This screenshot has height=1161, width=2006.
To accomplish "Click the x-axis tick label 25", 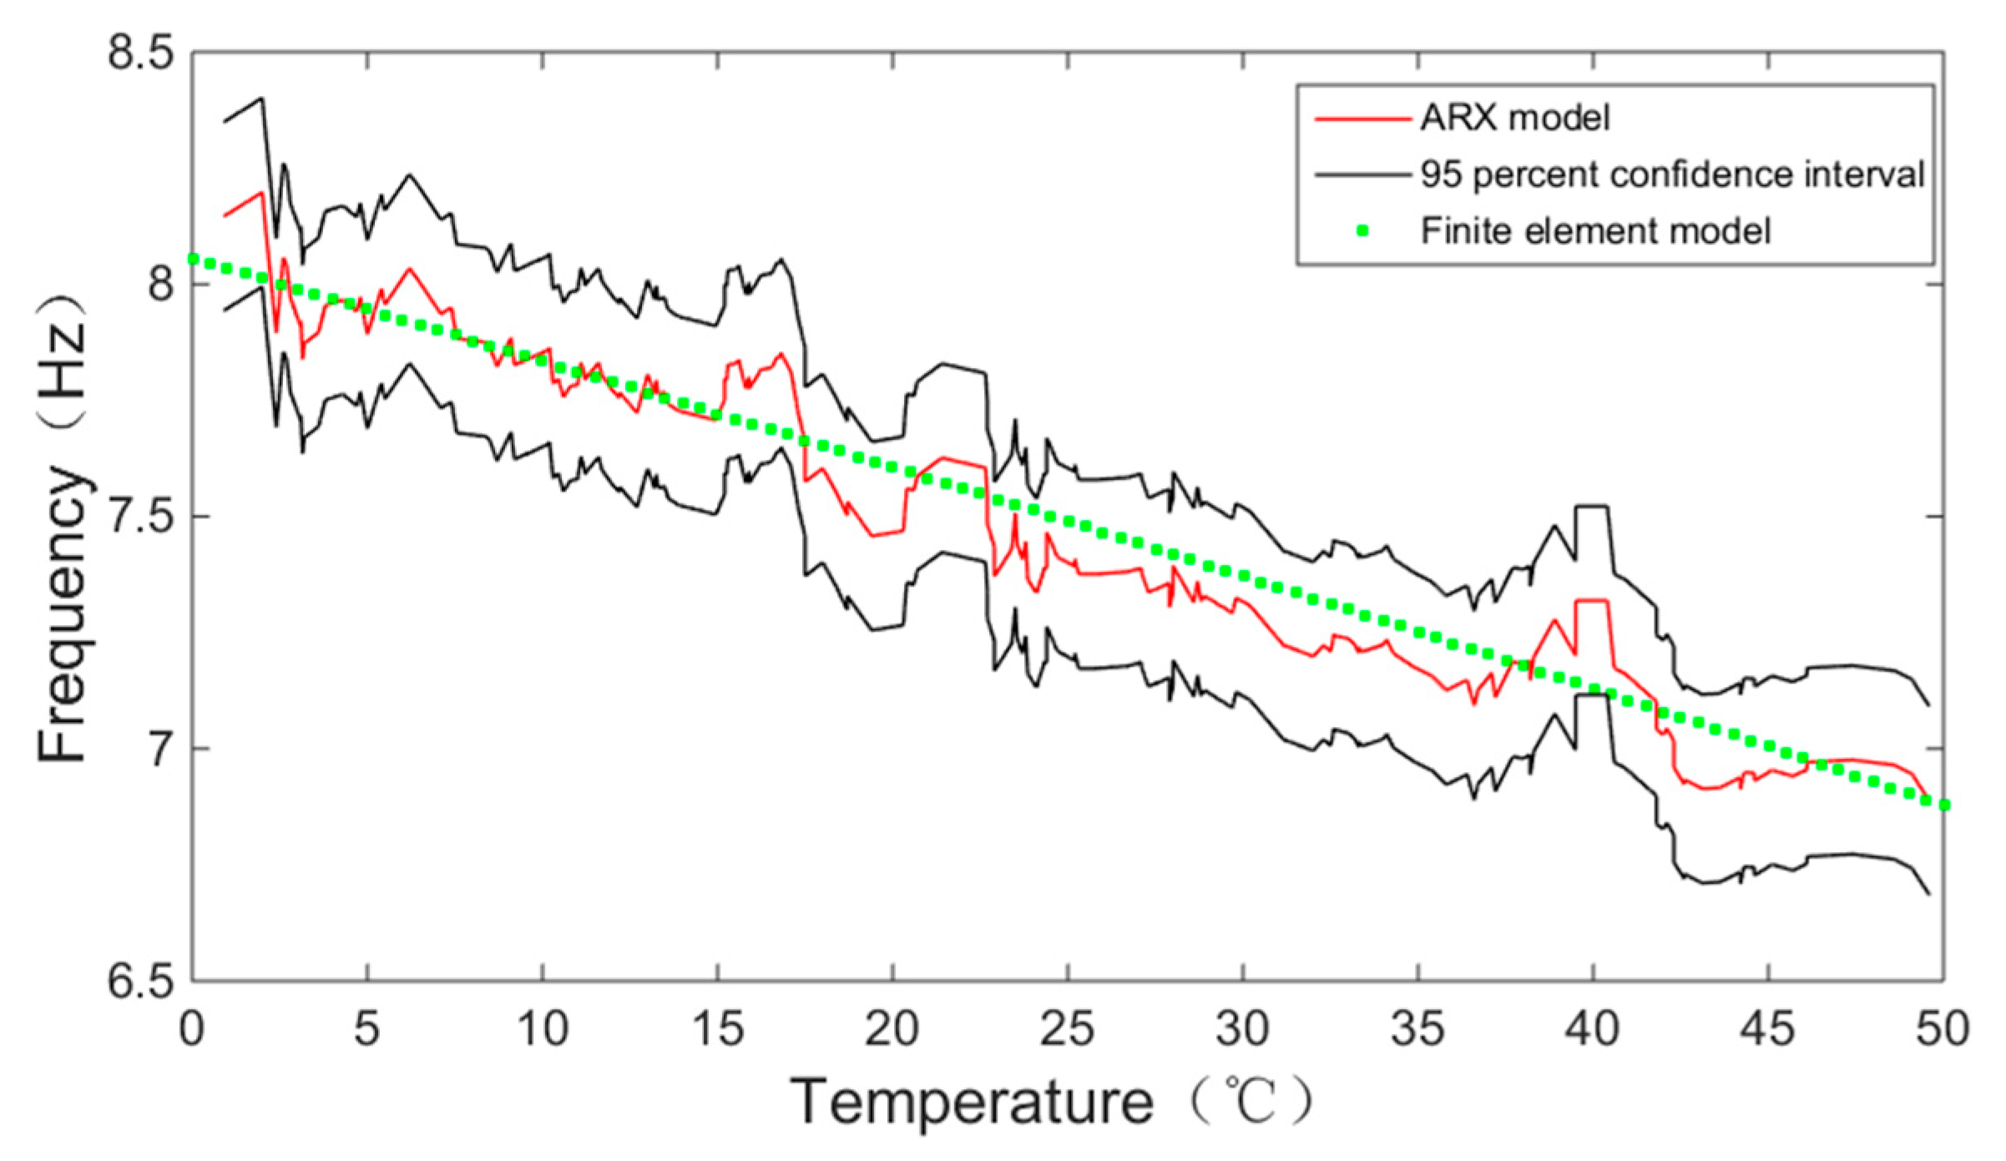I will (1067, 1029).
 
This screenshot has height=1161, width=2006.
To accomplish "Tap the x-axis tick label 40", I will (1592, 1029).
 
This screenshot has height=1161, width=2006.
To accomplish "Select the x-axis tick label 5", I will (366, 1029).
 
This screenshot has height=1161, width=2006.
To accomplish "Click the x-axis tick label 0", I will (192, 1029).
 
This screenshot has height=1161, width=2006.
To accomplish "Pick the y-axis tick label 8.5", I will (140, 53).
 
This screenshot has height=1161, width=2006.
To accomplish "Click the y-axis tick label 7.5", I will (140, 517).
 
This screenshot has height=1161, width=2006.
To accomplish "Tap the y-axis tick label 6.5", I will (140, 981).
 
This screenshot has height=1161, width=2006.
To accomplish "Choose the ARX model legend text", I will (1515, 118).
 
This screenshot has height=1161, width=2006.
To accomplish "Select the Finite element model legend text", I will (1595, 231).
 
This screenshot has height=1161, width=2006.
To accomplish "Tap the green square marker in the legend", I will (1363, 231).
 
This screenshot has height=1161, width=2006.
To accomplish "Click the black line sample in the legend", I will (1362, 175).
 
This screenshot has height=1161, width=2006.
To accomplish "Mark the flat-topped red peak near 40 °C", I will (1591, 601).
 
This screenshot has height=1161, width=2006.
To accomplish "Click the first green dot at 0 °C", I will (194, 259).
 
